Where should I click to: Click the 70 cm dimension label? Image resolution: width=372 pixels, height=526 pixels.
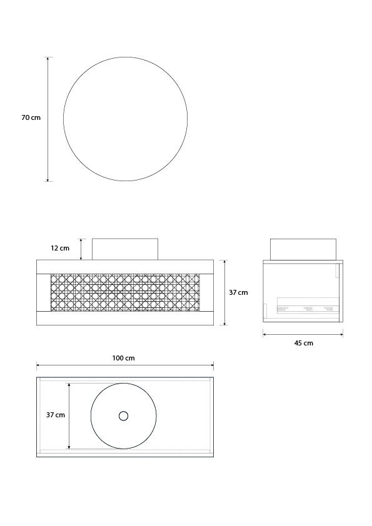[x=31, y=117]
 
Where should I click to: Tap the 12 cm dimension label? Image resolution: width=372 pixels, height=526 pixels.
[x=60, y=248]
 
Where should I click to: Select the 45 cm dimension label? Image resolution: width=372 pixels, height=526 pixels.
[x=303, y=343]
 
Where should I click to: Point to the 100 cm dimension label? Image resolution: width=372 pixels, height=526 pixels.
[x=124, y=358]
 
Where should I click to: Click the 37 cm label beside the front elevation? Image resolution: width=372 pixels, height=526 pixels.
[x=238, y=292]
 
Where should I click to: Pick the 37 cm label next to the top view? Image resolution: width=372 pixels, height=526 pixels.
[x=55, y=415]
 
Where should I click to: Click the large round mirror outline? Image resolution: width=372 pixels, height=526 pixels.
[x=125, y=119]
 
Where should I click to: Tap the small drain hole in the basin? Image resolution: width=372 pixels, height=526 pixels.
[x=123, y=415]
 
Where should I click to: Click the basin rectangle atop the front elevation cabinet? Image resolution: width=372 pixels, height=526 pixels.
[x=125, y=249]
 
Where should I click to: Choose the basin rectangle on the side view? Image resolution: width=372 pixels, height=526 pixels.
[x=303, y=249]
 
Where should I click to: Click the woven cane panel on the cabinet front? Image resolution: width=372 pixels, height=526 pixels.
[x=125, y=292]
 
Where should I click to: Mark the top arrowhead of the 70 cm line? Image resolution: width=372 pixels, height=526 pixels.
[x=48, y=57]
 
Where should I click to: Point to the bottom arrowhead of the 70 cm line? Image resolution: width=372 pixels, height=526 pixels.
[x=48, y=180]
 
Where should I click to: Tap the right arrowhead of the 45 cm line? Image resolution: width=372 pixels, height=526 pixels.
[x=341, y=334]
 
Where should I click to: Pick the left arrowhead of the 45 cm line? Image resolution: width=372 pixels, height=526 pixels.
[x=264, y=334]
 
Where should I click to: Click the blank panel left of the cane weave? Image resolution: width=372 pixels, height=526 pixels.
[x=43, y=292]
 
